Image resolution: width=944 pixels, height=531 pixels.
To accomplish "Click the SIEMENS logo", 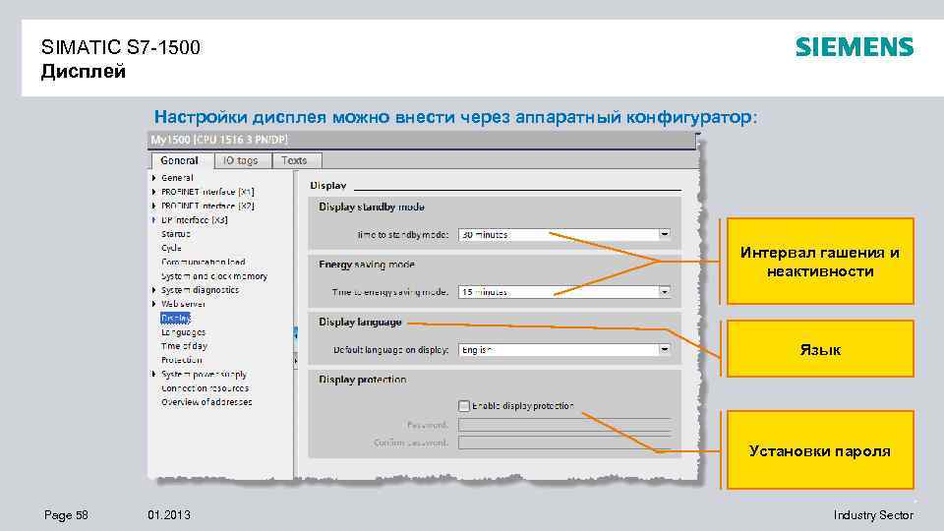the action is pos(854,47).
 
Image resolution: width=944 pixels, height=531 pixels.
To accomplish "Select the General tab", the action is pos(179,160).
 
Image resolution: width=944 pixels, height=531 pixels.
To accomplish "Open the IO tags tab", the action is pos(240,160).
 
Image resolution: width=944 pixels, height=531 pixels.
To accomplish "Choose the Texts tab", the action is pos(294,160).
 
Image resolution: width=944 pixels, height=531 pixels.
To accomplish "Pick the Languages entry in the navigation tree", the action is pos(183,332).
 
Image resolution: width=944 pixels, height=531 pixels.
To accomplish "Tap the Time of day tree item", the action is pos(184,346).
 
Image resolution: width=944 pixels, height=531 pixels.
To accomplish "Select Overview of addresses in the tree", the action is pos(206,402).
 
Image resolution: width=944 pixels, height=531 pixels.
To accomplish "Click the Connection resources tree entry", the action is pos(204,388).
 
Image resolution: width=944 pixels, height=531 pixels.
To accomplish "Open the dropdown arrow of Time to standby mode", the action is pos(664,234).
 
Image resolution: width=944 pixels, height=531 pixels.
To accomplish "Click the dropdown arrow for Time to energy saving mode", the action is pos(664,291).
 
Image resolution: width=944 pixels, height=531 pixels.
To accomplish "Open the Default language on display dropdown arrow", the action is pos(664,349).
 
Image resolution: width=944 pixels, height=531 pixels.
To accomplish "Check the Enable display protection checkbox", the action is pos(464,405).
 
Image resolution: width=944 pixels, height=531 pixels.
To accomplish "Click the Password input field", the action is pos(563,425).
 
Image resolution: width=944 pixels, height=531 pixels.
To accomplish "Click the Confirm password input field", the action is pos(563,442).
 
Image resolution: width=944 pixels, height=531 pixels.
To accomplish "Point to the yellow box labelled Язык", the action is pos(820,349).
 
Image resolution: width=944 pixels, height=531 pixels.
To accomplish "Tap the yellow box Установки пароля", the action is pos(820,450).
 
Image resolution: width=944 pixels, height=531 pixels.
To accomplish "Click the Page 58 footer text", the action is pos(67,515).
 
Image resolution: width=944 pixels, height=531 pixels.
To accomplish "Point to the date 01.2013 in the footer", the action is pos(169,515).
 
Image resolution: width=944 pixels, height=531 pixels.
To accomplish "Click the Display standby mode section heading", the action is pos(372,206).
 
